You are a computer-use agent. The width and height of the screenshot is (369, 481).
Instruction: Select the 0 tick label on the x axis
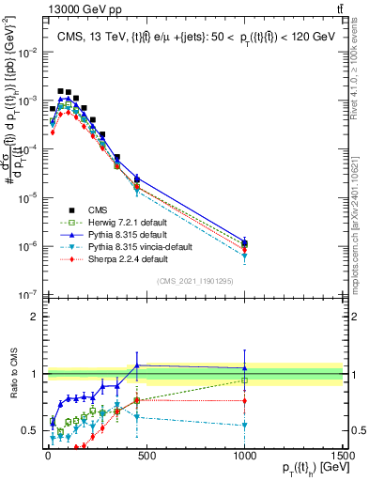click(x=47, y=458)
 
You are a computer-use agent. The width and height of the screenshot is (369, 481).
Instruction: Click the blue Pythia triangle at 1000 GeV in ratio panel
click(x=245, y=368)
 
